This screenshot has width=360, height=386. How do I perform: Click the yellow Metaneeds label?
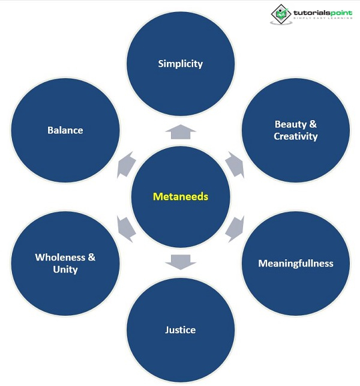coord(181,196)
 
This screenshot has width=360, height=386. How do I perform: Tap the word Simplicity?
coord(181,64)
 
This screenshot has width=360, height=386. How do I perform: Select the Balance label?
coord(65,130)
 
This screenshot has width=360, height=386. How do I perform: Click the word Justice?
coord(181,330)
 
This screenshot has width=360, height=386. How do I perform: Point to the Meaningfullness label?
coord(296,263)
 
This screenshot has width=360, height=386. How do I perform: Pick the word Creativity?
coord(296,136)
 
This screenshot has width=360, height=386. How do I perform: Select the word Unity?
coord(65,270)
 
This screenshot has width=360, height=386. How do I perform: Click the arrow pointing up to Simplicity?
coord(181,131)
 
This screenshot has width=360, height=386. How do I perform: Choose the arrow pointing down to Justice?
coord(181,262)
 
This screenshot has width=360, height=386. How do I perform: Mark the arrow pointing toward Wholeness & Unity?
coord(126,229)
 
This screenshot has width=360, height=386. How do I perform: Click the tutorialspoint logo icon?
coord(280,14)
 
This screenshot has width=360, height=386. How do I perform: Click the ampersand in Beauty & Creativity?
coord(313,124)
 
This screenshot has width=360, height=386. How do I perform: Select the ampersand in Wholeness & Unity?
coord(91,257)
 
